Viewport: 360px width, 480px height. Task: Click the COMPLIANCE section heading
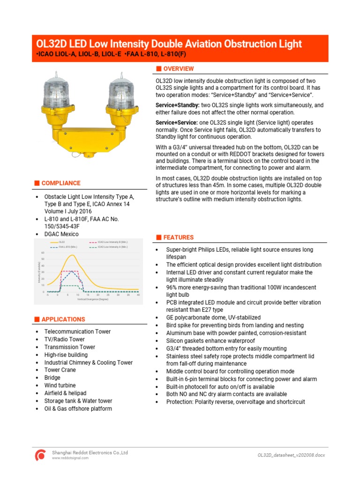point(60,183)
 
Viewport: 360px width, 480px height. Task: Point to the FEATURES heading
point(178,238)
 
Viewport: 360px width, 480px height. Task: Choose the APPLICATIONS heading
point(63,319)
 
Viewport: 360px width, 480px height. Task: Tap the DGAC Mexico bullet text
point(61,234)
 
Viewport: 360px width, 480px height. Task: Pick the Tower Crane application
point(60,370)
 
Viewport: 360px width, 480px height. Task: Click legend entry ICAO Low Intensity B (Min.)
point(112,242)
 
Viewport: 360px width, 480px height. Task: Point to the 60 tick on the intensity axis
point(43,253)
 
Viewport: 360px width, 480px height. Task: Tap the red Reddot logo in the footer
point(41,455)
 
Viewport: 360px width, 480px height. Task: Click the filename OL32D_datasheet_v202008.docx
point(291,455)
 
